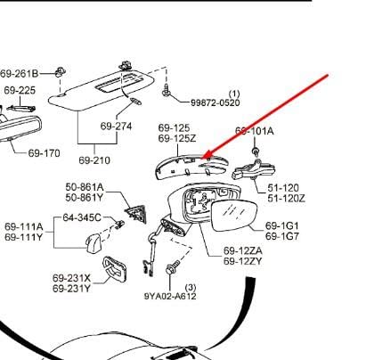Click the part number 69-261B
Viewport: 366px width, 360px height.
coord(20,73)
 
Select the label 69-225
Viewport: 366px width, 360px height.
coord(20,90)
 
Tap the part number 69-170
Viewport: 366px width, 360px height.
coord(45,153)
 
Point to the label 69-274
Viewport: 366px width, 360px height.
coord(116,127)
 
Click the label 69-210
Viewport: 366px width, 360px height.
coord(94,160)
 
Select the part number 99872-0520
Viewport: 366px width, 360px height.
coord(216,102)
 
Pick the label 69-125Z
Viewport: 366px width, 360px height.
coord(177,138)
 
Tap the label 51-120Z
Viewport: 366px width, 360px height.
coord(286,198)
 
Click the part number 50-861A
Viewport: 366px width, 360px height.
coord(85,187)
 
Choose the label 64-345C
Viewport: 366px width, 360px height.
coord(82,217)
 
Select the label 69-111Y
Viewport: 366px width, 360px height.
coord(24,237)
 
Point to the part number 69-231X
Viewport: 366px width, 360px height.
coord(71,278)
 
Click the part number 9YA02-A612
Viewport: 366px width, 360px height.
coord(170,296)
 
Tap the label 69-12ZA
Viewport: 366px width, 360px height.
coord(243,251)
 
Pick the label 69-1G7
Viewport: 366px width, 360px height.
coord(282,236)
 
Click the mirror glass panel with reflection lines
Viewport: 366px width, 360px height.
coord(233,215)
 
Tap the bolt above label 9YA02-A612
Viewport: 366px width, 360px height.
coord(172,267)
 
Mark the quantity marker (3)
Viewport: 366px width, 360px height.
coord(191,288)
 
